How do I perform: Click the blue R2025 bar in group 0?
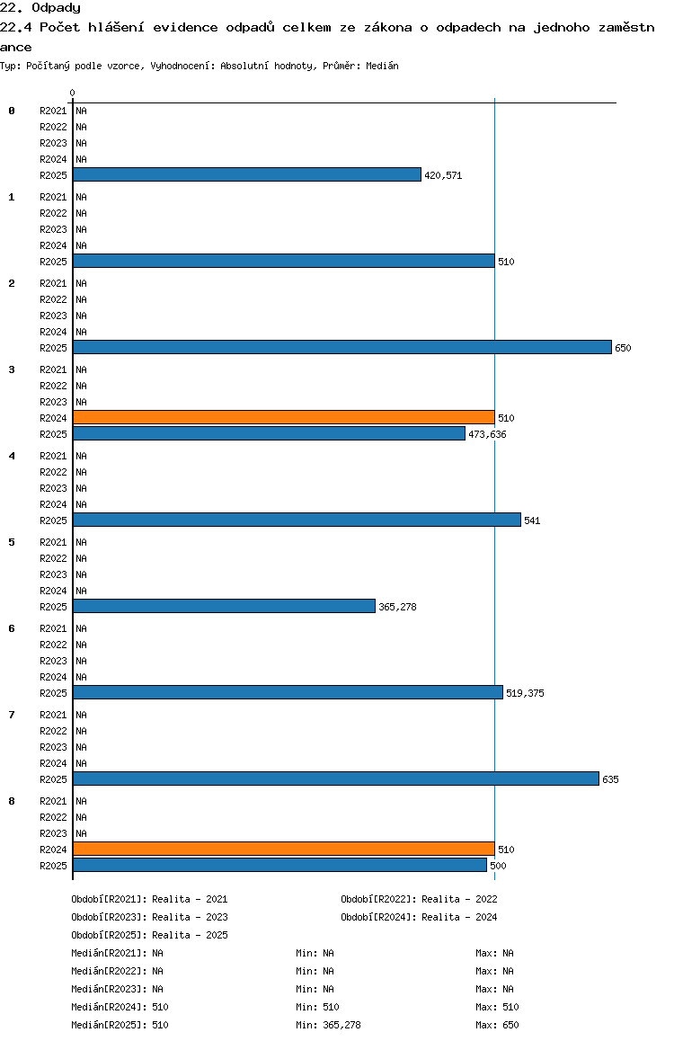pos(247,174)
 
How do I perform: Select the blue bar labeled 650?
pos(342,347)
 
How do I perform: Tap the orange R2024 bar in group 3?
pos(284,418)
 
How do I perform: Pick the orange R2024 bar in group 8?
pos(284,850)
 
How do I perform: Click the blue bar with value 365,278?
pos(225,606)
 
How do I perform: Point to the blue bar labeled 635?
pos(336,779)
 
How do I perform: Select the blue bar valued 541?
pos(297,520)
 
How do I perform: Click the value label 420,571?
pos(443,175)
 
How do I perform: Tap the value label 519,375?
pos(525,693)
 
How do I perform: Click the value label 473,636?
pos(487,434)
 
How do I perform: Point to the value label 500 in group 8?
pos(498,866)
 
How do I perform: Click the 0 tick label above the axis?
pos(72,93)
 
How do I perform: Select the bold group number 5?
pos(12,542)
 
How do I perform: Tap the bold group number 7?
pos(12,715)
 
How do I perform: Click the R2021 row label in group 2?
pos(53,283)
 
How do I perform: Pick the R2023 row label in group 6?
pos(53,662)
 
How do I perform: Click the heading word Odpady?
pos(57,8)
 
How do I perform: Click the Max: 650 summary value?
pos(497,1025)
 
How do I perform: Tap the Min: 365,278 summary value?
pos(328,1025)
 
